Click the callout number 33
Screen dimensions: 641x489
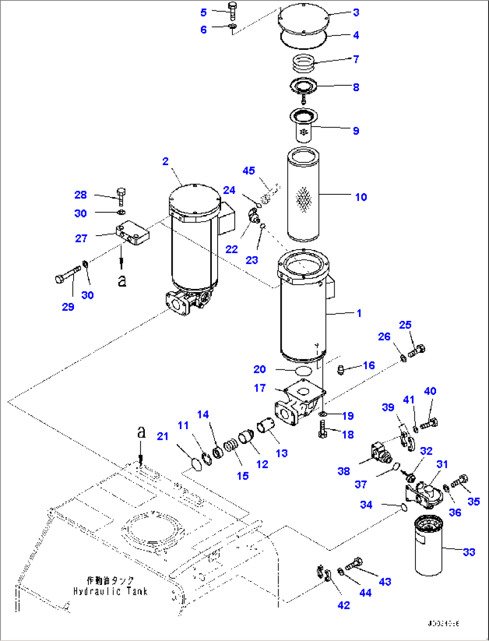pyautogui.click(x=469, y=552)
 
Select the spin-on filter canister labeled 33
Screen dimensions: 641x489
pyautogui.click(x=428, y=545)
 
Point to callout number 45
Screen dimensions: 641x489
pyautogui.click(x=249, y=171)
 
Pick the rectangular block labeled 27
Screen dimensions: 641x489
pyautogui.click(x=132, y=233)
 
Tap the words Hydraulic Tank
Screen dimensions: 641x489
pyautogui.click(x=110, y=591)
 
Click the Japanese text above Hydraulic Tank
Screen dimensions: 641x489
pyautogui.click(x=110, y=581)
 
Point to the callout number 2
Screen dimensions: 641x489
pyautogui.click(x=166, y=161)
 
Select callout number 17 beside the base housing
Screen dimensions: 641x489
pyautogui.click(x=260, y=388)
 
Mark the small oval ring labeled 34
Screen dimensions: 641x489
pyautogui.click(x=402, y=507)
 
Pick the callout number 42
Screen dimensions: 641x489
pyautogui.click(x=343, y=605)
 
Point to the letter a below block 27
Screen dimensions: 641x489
pyautogui.click(x=122, y=281)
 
